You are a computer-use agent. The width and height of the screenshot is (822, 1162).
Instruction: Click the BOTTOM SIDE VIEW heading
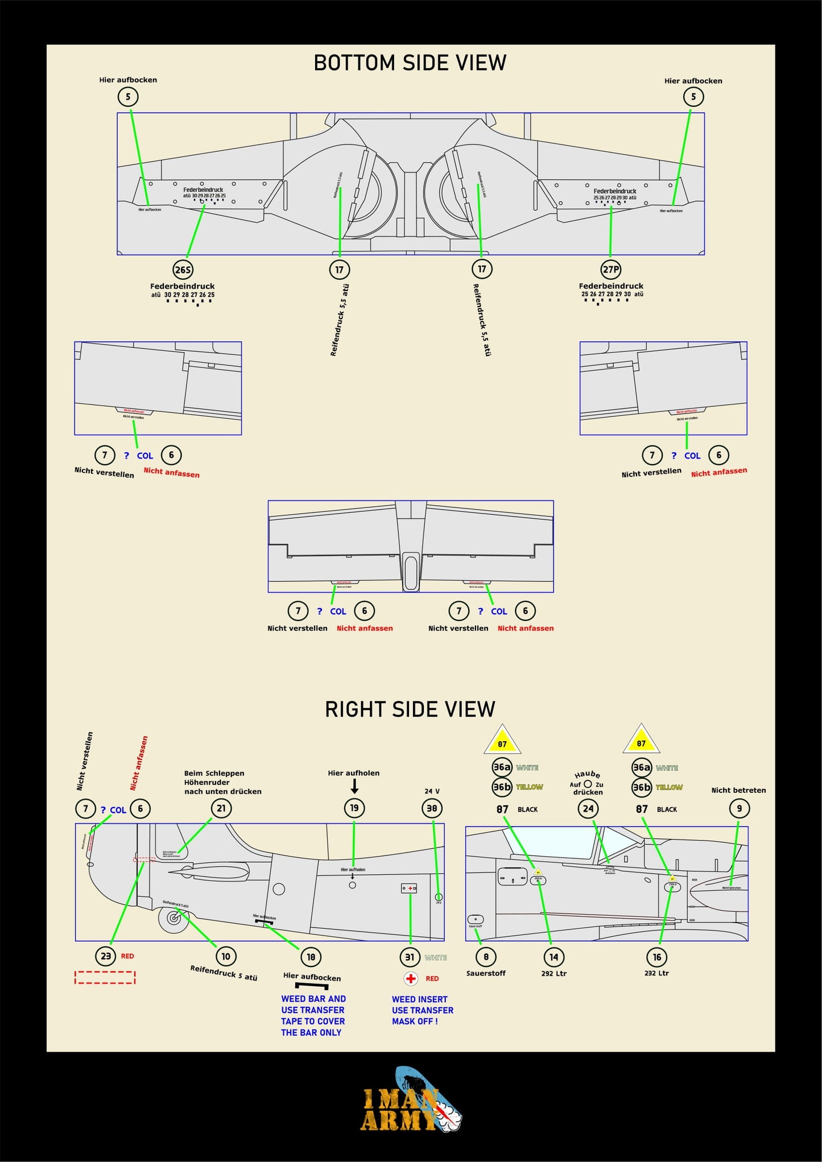click(x=410, y=63)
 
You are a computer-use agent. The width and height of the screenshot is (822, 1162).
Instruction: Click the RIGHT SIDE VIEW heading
click(x=410, y=709)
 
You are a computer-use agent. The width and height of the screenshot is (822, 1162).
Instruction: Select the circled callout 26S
click(x=183, y=270)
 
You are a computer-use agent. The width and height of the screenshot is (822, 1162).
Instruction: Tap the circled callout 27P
click(x=611, y=270)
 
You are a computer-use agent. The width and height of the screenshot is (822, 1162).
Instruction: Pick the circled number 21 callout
click(x=221, y=808)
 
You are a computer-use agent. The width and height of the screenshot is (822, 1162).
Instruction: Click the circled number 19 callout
click(x=354, y=808)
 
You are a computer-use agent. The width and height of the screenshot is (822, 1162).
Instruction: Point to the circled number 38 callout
click(x=432, y=808)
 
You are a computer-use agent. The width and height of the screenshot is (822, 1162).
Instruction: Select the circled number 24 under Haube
click(x=588, y=808)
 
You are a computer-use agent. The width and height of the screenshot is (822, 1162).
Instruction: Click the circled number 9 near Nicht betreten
click(x=739, y=808)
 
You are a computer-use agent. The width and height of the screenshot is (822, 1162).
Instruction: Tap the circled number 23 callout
click(x=106, y=956)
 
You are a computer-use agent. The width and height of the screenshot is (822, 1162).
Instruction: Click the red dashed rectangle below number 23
click(x=105, y=977)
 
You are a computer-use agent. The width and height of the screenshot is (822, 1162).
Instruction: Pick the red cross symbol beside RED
click(x=411, y=978)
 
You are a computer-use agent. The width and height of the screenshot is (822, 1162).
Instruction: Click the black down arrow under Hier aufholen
click(x=354, y=786)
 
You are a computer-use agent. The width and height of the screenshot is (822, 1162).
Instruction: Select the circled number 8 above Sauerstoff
click(x=486, y=957)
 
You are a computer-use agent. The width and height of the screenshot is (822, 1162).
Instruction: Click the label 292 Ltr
click(x=553, y=973)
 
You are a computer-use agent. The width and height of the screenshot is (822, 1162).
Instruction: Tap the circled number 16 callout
click(x=657, y=957)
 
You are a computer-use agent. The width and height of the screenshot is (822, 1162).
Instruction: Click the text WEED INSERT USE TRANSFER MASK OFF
click(x=422, y=1010)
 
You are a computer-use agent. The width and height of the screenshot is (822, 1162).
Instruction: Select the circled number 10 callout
click(x=226, y=956)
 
